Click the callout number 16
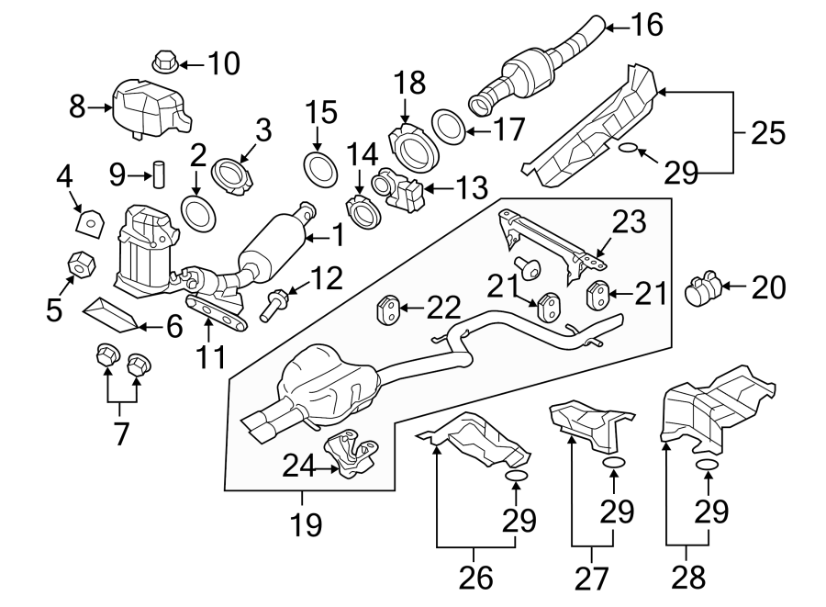[x=646, y=25]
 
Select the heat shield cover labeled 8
[x=147, y=107]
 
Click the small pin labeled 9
[x=157, y=173]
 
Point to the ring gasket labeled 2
[x=199, y=213]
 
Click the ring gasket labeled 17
[x=448, y=127]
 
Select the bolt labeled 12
[x=273, y=304]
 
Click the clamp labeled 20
[x=704, y=289]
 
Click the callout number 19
[x=307, y=525]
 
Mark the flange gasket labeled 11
[x=218, y=313]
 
